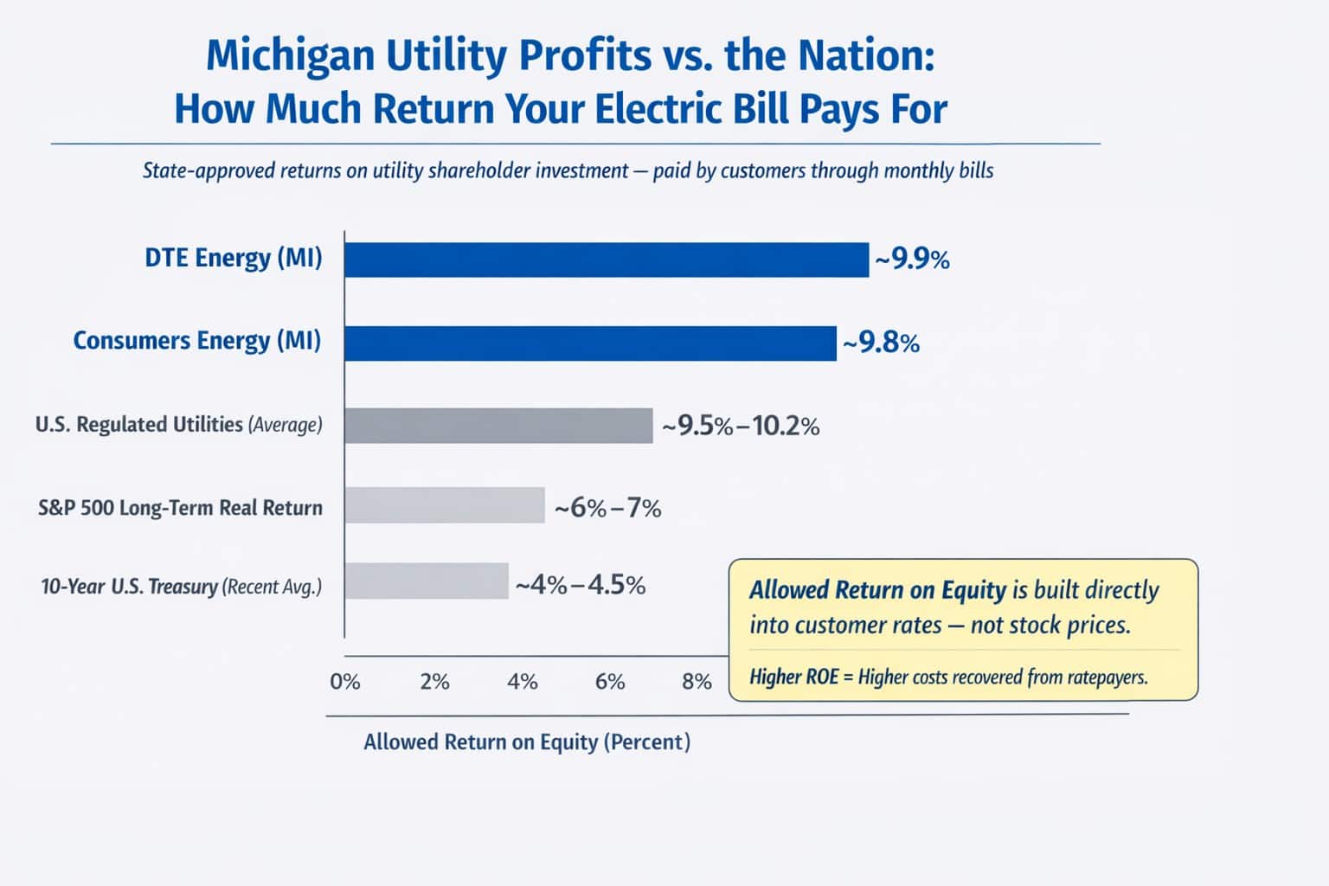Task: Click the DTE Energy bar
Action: [x=606, y=260]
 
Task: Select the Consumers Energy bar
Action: [x=590, y=343]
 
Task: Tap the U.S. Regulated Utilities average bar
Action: [x=498, y=426]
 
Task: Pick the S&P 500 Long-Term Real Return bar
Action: [x=445, y=505]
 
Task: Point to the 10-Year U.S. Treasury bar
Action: [x=427, y=581]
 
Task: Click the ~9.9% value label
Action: [x=912, y=260]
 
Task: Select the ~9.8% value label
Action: [x=881, y=343]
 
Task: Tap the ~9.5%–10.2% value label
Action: [x=741, y=426]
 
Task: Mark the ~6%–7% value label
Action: [x=607, y=507]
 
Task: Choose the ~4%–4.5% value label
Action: [x=581, y=586]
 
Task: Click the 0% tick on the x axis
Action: [x=344, y=682]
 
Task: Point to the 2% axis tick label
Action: [x=434, y=682]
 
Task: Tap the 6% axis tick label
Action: [x=610, y=682]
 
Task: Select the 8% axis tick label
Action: [x=697, y=682]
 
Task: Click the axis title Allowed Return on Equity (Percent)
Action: [x=527, y=742]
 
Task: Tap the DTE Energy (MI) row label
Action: [x=234, y=259]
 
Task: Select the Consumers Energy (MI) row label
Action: [x=196, y=341]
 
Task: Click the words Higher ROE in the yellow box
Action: [x=793, y=677]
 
